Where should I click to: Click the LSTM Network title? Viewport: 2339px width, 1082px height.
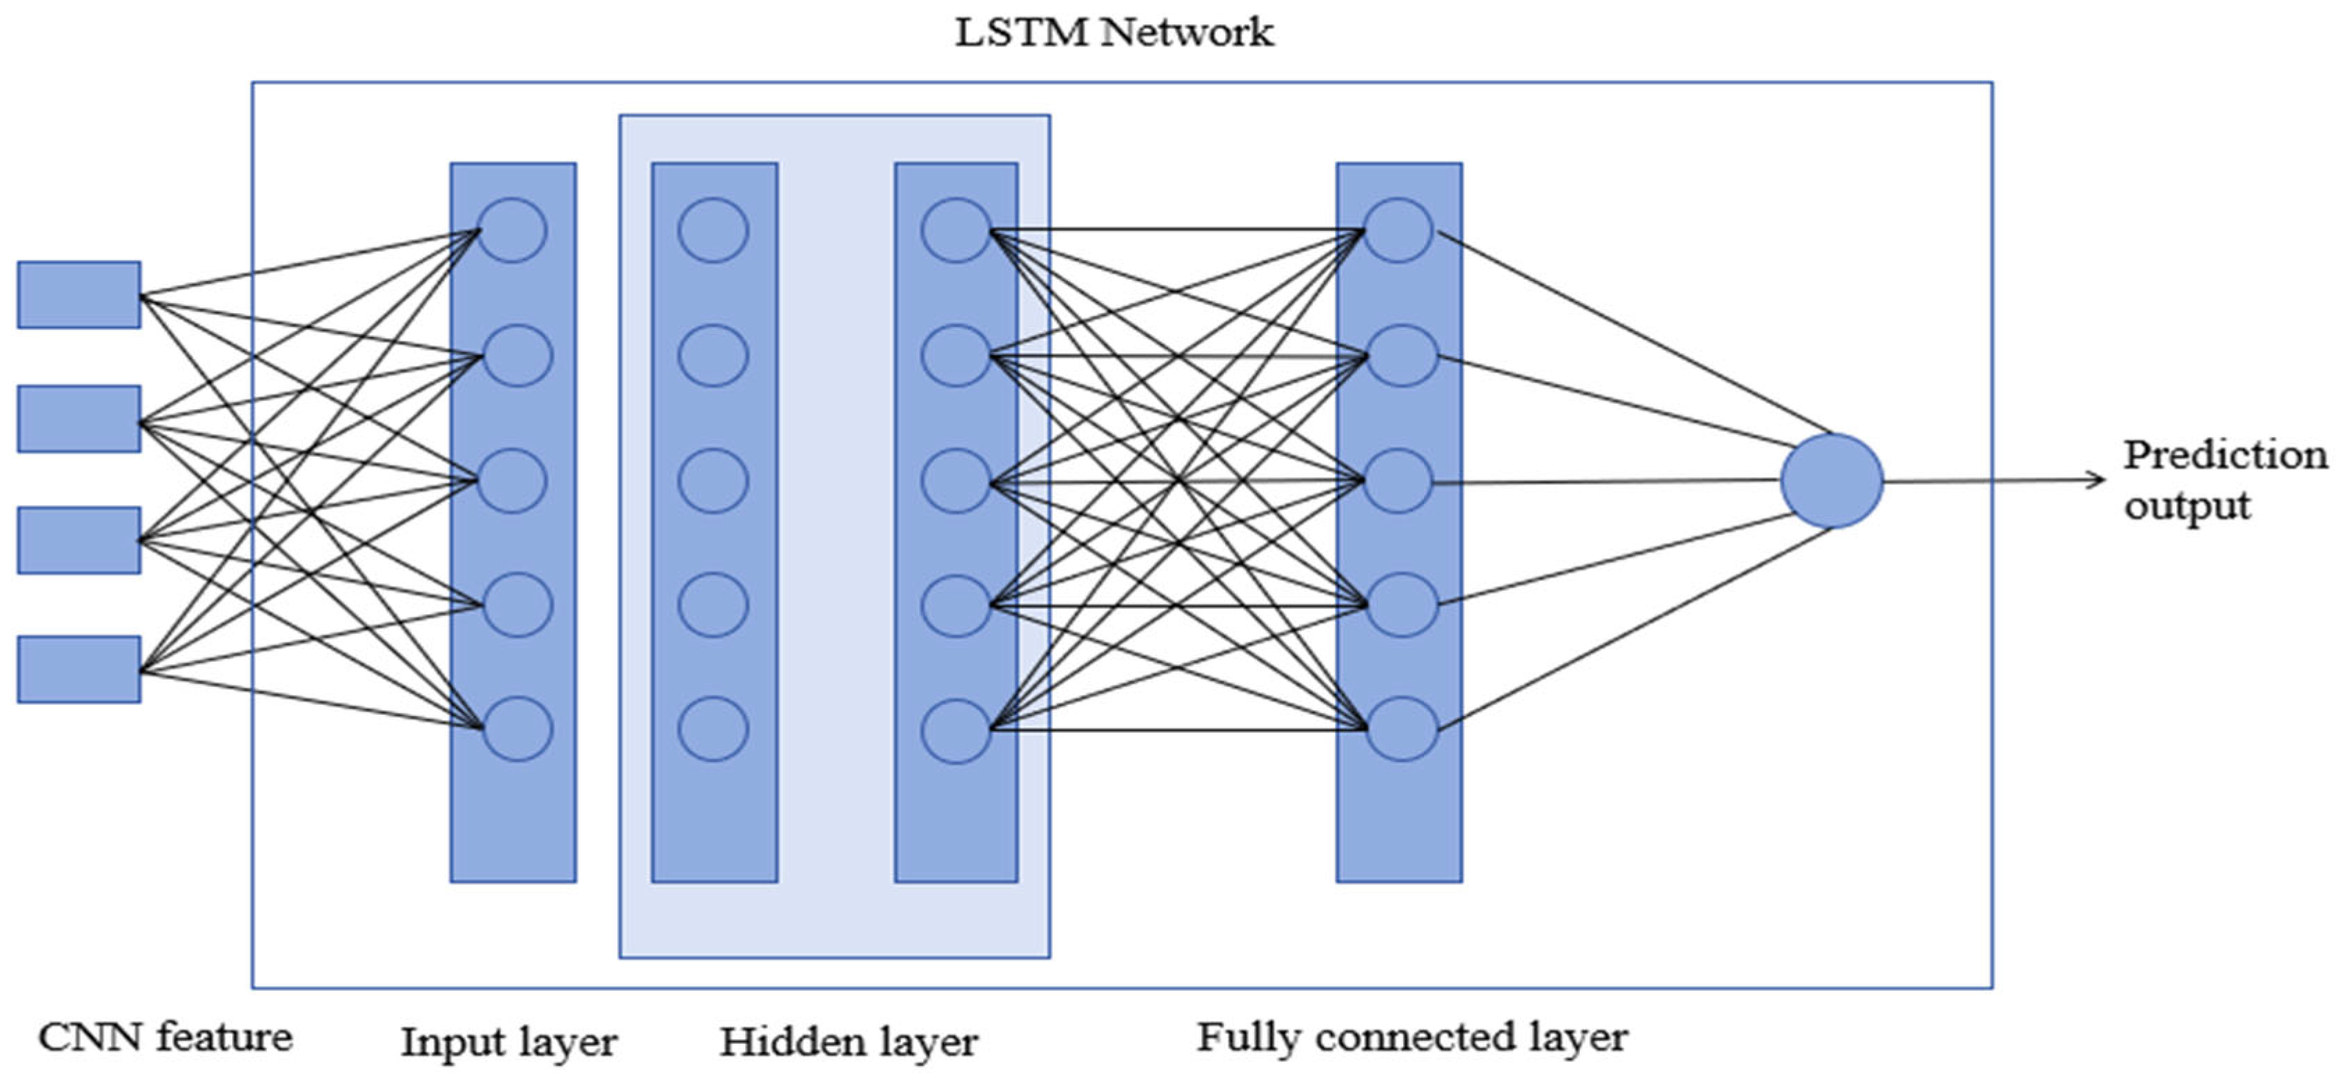pos(1113,33)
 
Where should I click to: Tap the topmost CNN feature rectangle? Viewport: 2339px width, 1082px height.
pos(79,294)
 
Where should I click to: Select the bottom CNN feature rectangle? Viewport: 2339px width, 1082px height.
pos(79,669)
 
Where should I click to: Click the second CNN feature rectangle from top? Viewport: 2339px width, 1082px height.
pos(79,419)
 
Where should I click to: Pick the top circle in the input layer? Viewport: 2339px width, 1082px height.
pos(513,230)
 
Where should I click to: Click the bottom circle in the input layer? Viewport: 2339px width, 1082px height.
pos(517,729)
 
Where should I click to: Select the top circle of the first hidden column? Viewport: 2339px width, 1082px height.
pos(713,230)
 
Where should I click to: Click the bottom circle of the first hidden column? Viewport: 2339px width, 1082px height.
pos(713,729)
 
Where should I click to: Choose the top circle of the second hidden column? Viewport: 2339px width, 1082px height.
pos(955,230)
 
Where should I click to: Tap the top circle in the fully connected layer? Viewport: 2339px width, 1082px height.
pos(1398,230)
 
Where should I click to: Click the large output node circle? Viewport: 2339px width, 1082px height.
pos(1831,482)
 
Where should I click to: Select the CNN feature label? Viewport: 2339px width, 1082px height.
pos(165,1037)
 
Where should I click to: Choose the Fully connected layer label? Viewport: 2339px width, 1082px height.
pos(1412,1037)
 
